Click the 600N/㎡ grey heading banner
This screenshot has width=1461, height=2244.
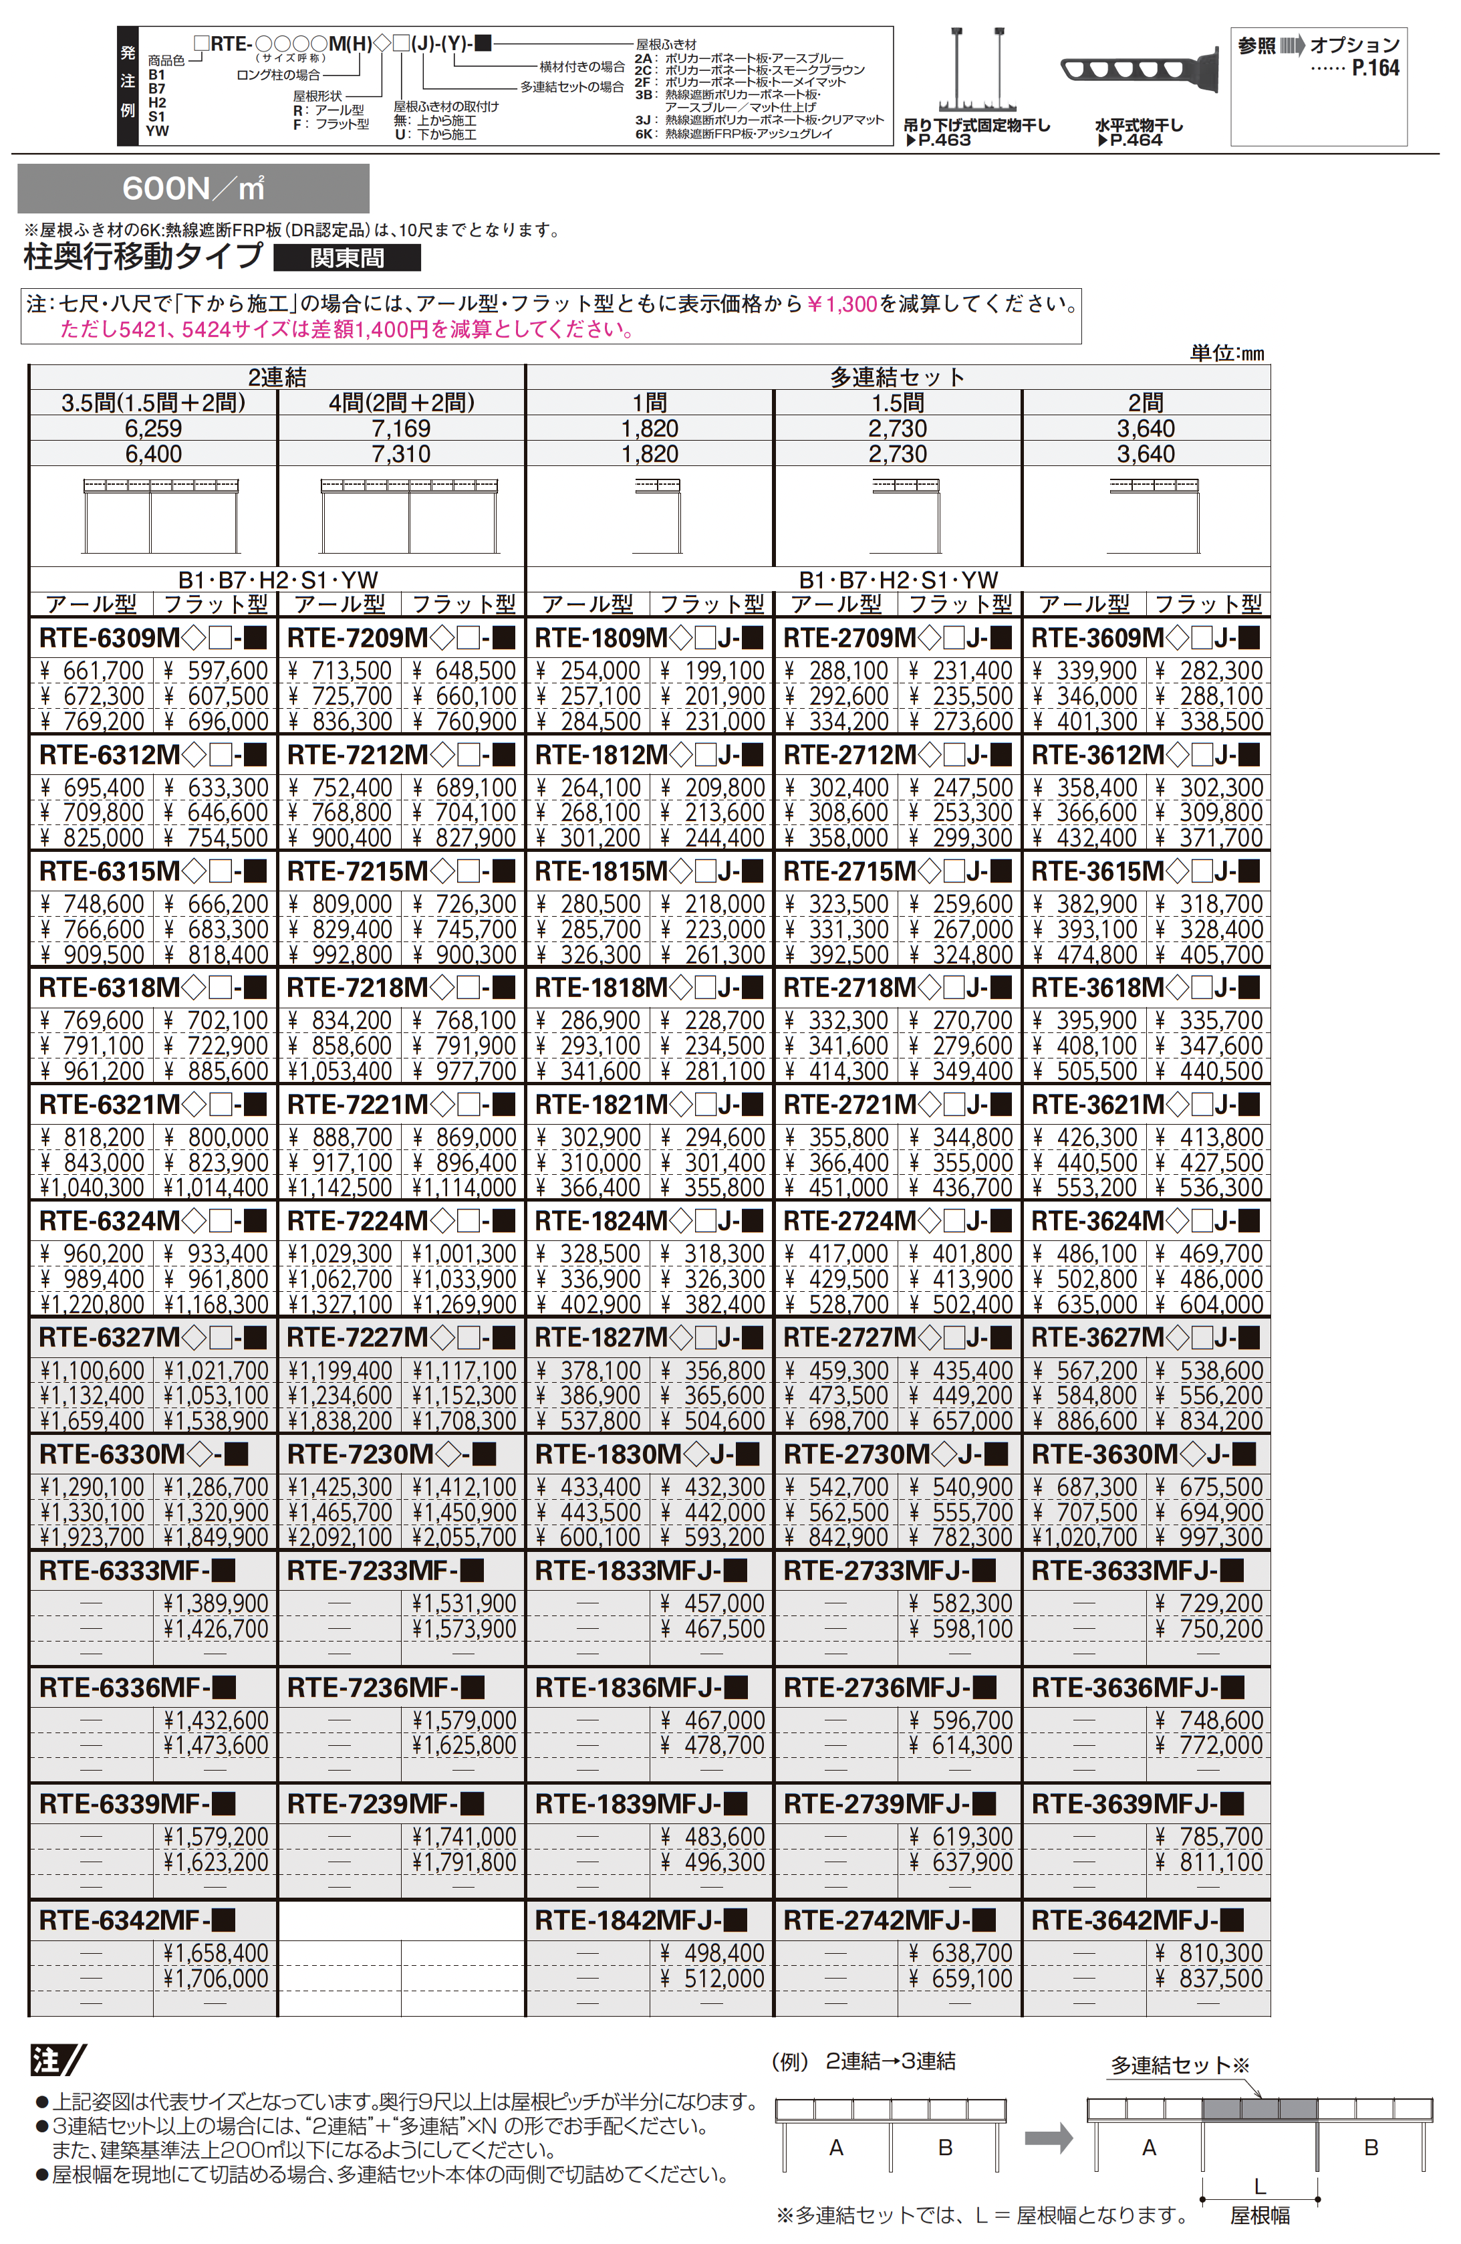(193, 189)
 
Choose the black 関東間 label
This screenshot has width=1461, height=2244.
(347, 257)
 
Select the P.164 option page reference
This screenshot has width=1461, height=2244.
(1375, 68)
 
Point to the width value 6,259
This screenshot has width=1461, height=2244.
(154, 428)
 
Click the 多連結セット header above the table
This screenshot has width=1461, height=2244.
(898, 377)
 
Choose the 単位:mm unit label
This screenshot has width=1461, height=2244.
(1226, 352)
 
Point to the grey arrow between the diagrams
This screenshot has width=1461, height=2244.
(1048, 2138)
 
